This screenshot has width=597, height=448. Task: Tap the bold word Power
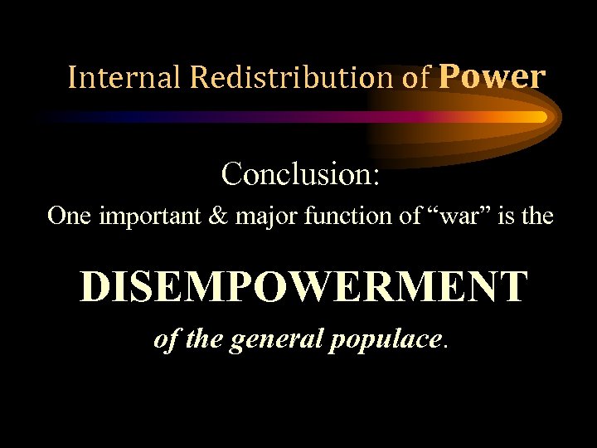coord(492,77)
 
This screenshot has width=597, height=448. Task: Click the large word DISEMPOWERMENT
coord(303,287)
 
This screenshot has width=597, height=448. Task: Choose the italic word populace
coord(386,341)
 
